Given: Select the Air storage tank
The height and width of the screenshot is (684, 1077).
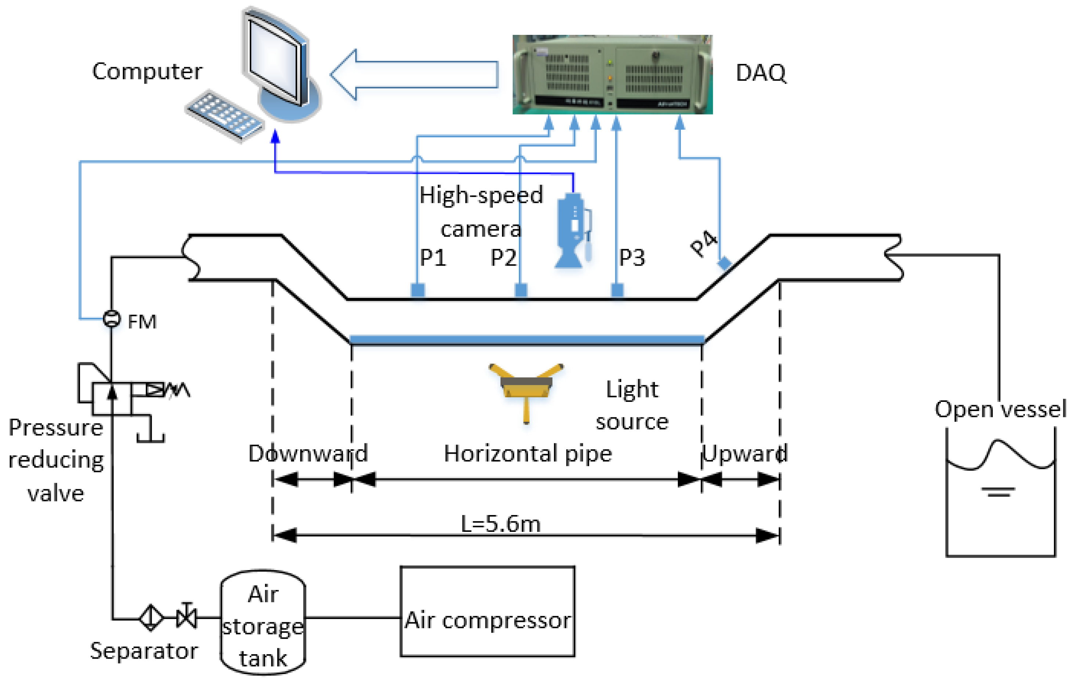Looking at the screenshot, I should point(263,622).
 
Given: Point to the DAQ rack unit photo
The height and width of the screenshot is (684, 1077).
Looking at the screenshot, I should point(612,74).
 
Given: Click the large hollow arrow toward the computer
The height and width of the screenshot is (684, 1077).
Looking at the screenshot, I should point(414,74).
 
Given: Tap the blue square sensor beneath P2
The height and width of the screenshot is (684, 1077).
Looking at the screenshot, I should point(521,290).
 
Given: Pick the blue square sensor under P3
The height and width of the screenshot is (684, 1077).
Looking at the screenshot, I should point(617,290).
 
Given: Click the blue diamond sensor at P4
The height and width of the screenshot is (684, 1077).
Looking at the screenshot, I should point(724,263).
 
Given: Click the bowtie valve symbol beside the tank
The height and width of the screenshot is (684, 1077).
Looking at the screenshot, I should point(187,618).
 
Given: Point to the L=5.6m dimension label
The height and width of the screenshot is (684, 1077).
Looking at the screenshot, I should point(500,523).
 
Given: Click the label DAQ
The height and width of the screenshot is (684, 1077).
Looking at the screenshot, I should point(760,73).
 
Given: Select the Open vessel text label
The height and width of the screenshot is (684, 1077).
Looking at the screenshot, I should point(1000,409).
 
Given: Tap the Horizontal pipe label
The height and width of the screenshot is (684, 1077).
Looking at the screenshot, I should point(528,453).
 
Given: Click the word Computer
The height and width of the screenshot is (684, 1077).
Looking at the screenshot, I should point(147,72).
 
